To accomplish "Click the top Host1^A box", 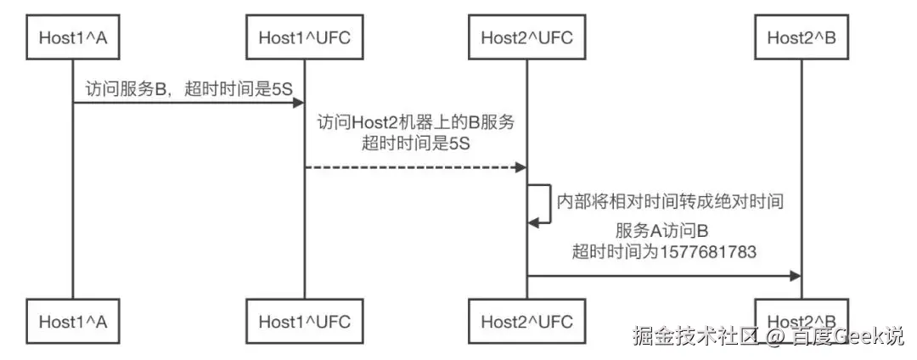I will click(72, 37).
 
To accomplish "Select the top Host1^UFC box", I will click(304, 37).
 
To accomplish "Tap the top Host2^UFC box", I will click(526, 37).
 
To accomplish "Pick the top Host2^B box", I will click(801, 37).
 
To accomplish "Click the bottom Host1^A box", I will click(72, 322).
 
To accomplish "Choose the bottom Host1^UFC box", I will click(304, 322).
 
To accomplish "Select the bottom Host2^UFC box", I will click(526, 322).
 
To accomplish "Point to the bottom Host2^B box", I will click(801, 322).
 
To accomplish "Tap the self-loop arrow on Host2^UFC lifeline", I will click(543, 204).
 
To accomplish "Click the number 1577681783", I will click(712, 252).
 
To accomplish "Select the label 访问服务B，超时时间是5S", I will click(188, 87).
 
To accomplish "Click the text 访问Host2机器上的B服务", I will click(416, 123).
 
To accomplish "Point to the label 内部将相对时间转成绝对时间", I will click(668, 201).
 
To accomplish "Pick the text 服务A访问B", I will click(663, 232).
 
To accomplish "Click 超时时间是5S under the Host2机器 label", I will click(416, 143).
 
